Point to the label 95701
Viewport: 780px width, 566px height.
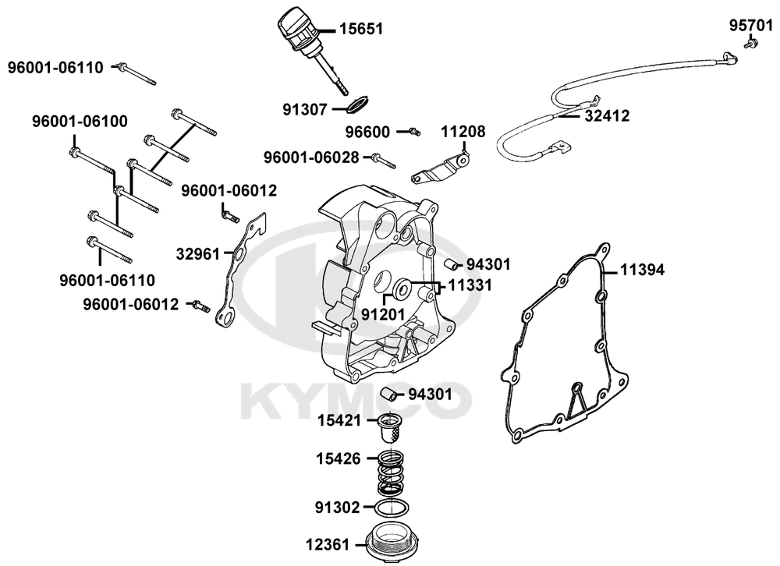[751, 25]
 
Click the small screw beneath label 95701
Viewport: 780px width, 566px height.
[751, 46]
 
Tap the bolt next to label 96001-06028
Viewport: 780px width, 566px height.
[382, 161]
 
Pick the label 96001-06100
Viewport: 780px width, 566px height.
[80, 122]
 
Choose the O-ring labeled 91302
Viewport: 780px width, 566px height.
[390, 508]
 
